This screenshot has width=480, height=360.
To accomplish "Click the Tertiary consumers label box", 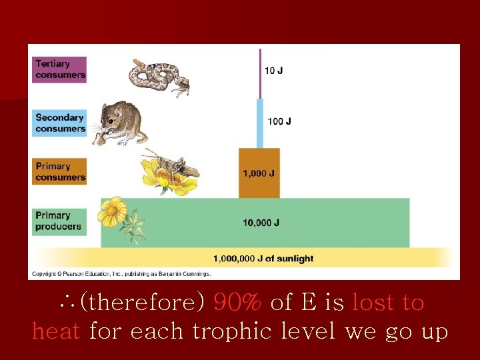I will (60, 69).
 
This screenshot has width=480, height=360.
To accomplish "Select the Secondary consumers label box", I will (60, 123).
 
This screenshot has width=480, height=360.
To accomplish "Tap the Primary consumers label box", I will (60, 172).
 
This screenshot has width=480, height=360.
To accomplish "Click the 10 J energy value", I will (273, 71).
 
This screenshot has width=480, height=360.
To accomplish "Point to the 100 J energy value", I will (279, 121).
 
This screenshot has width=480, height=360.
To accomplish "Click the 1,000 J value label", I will (259, 173).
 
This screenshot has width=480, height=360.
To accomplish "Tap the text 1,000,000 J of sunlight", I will (263, 259).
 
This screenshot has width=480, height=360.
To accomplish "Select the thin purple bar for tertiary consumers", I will (260, 73).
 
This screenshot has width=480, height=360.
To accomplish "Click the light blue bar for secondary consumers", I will (260, 123).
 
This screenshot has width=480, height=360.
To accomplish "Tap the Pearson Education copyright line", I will (121, 273).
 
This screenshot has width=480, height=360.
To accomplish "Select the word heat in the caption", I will (57, 330).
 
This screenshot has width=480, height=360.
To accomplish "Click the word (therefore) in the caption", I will (143, 303).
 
